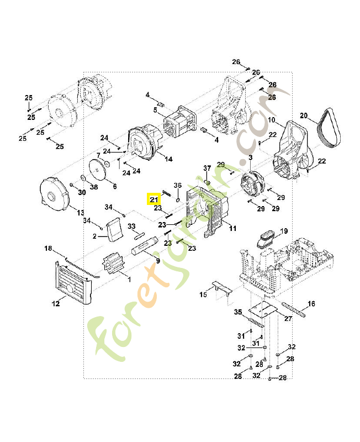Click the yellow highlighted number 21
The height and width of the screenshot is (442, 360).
point(153,199)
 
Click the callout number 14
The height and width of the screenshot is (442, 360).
point(168,159)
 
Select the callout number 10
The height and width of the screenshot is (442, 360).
point(271,120)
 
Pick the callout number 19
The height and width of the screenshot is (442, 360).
point(284,230)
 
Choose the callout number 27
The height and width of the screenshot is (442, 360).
point(288,319)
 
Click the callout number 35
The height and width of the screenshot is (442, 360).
point(238,312)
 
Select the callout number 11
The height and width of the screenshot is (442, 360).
point(232,228)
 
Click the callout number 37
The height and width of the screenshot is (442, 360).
point(207,168)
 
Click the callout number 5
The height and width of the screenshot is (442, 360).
point(155,110)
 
